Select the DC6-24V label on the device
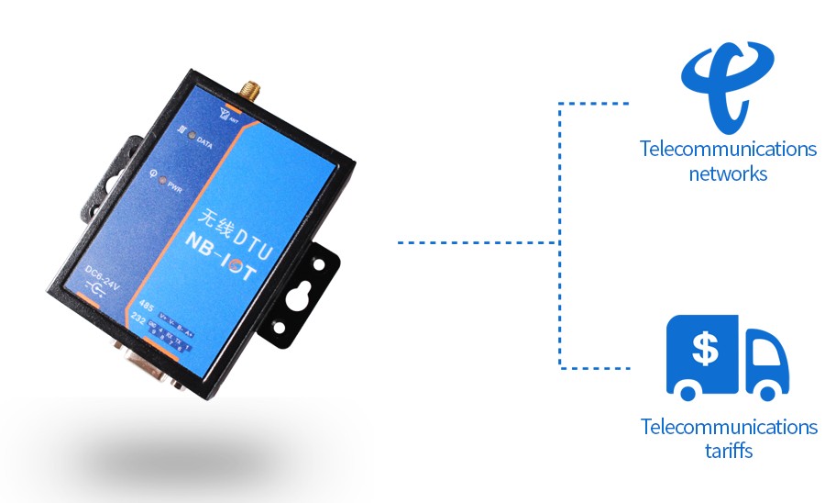tap(100, 273)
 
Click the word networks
tap(728, 173)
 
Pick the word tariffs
tap(730, 450)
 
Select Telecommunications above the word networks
tap(729, 149)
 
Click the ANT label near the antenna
tap(234, 117)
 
